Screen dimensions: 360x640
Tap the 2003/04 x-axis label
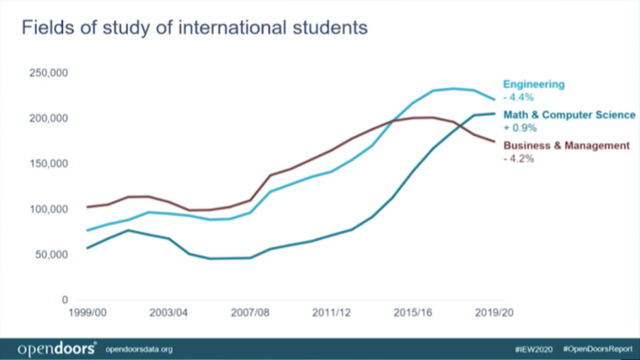click(169, 314)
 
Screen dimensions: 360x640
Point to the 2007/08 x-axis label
click(251, 314)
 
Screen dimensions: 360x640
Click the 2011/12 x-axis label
click(332, 314)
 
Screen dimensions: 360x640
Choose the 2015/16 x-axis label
click(413, 314)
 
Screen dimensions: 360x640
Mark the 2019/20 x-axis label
click(495, 314)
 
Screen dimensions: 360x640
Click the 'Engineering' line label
click(534, 84)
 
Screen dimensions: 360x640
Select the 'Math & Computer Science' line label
click(569, 115)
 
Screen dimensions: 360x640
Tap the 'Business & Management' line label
click(566, 145)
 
